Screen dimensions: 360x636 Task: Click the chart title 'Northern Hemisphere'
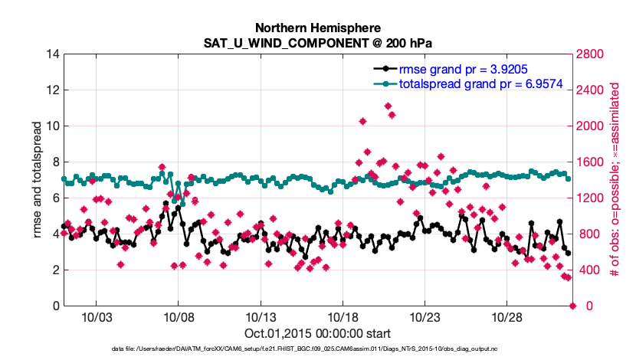(317, 27)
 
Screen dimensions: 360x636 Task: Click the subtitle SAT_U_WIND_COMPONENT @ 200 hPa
(317, 43)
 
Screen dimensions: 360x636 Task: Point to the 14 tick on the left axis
(53, 54)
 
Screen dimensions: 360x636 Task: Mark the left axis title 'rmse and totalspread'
(38, 180)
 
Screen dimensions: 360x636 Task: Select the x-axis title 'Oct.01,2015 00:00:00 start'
(318, 333)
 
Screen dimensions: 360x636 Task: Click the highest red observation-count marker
(388, 106)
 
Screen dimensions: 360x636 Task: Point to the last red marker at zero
(572, 306)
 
